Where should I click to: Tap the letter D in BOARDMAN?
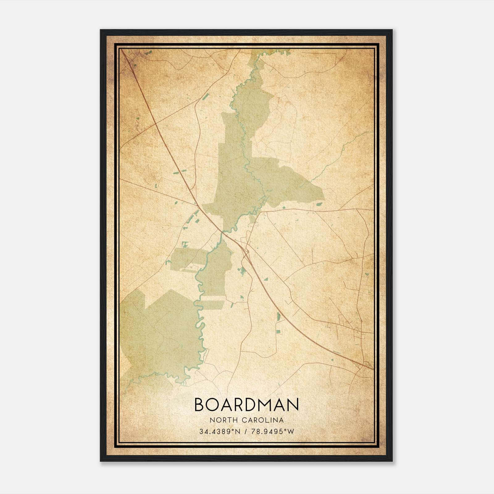[255, 404]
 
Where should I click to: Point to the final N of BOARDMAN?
[293, 404]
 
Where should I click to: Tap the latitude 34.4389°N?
[220, 432]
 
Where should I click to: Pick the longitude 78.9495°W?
[272, 432]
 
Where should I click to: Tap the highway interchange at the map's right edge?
[366, 365]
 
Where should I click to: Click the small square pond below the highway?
[278, 331]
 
